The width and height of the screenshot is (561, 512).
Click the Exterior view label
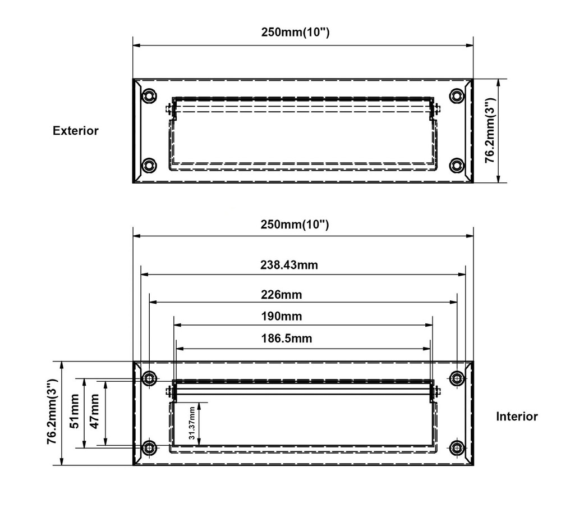[76, 131]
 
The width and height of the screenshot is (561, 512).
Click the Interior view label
[517, 417]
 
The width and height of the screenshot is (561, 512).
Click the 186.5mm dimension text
[287, 339]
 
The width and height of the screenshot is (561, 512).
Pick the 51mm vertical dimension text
[74, 414]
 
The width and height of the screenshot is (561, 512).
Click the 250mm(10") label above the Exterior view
[295, 32]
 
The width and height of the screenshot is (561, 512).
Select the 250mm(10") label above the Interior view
[295, 225]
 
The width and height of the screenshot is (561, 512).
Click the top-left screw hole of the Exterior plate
[149, 96]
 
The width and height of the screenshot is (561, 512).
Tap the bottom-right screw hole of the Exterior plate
[458, 165]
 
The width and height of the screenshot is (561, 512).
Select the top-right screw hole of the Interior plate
[458, 378]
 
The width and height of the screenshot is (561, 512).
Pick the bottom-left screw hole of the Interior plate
[149, 447]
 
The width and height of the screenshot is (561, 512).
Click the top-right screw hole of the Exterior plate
[458, 96]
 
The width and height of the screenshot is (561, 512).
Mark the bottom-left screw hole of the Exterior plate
[149, 165]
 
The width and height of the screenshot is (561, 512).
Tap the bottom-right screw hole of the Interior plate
[458, 447]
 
